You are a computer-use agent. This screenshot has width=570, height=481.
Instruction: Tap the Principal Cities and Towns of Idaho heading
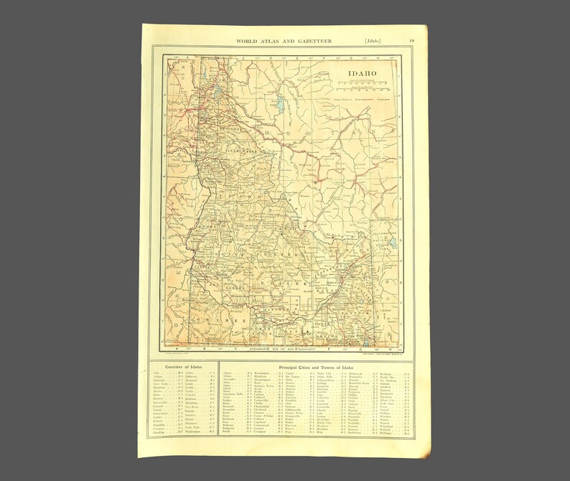pos(309,367)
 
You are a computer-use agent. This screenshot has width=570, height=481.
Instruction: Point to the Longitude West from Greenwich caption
pos(287,350)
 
